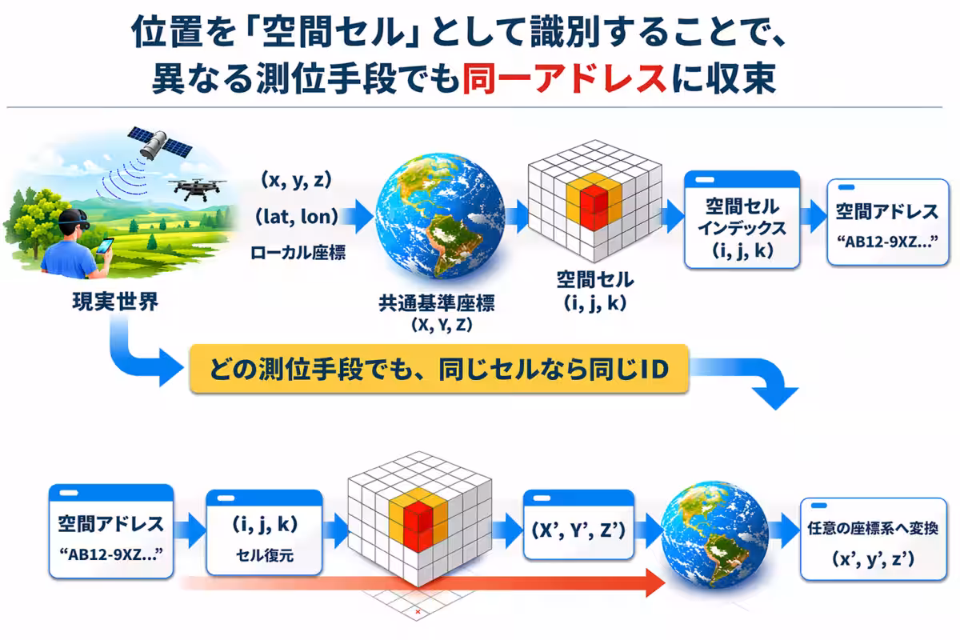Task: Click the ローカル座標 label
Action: click(x=298, y=254)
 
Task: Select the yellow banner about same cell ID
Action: click(x=438, y=369)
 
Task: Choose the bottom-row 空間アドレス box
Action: click(x=110, y=532)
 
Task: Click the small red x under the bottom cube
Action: click(x=418, y=611)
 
